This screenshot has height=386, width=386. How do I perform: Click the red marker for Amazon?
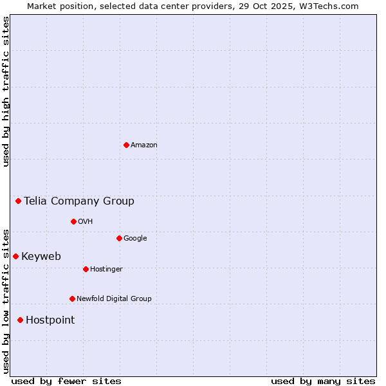126,145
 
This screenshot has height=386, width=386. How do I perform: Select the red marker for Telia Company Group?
19,201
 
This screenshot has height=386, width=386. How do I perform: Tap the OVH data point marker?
73,221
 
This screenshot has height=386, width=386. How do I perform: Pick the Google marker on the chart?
119,238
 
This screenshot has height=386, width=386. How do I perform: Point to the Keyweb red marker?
15,256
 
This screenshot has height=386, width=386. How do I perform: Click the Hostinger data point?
86,269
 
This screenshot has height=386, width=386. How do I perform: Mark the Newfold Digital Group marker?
72,299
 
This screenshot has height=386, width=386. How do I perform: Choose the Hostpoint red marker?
20,320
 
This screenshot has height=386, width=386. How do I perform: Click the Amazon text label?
144,145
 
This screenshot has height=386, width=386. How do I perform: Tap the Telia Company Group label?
79,201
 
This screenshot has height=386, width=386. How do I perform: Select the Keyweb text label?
41,257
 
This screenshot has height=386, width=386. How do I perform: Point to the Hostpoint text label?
50,320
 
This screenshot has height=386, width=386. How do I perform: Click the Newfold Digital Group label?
114,299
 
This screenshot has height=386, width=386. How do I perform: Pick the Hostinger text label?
106,269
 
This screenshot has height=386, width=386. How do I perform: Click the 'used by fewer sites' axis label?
66,381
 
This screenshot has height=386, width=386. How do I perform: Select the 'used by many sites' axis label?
323,381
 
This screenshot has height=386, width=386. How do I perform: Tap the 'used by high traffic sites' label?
6,91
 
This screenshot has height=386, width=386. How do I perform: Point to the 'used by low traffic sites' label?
6,300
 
